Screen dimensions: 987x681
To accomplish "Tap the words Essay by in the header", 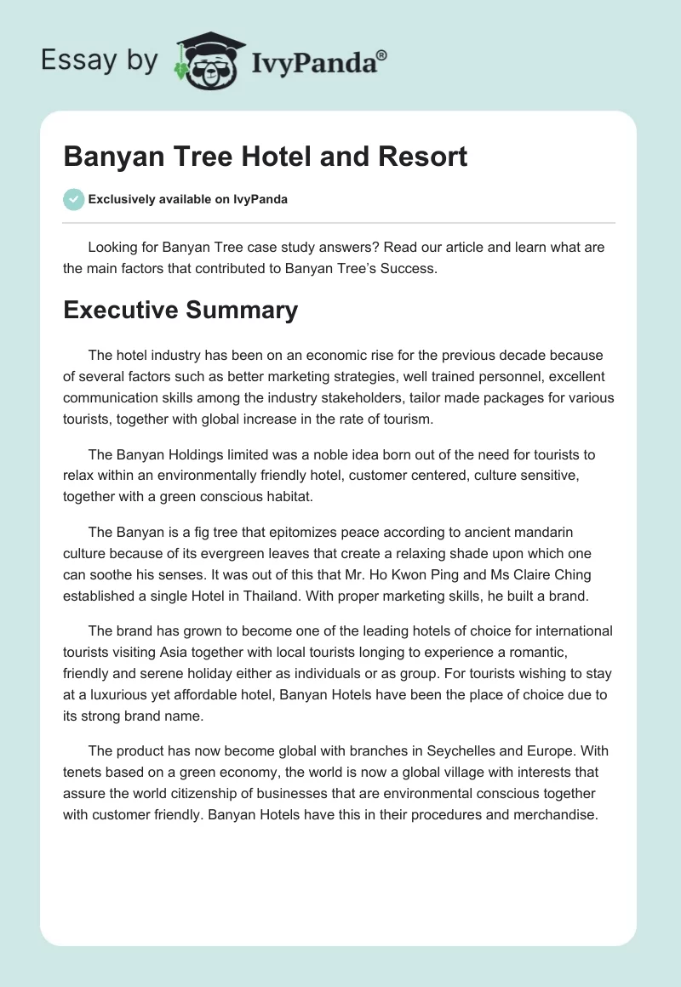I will point(100,60).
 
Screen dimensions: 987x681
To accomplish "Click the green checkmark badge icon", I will point(73,199).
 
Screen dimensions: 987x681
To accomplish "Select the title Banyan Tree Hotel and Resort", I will point(265,157).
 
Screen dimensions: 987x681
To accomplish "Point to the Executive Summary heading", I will point(180,310).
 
